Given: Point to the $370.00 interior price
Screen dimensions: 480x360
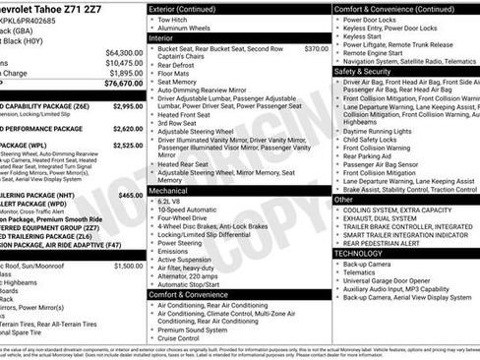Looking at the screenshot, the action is click(x=316, y=47).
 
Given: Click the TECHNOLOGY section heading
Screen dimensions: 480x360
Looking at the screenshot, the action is click(x=366, y=253).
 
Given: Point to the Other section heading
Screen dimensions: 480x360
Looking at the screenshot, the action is click(x=343, y=199).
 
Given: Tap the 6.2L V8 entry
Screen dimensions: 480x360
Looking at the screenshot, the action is click(x=171, y=200).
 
